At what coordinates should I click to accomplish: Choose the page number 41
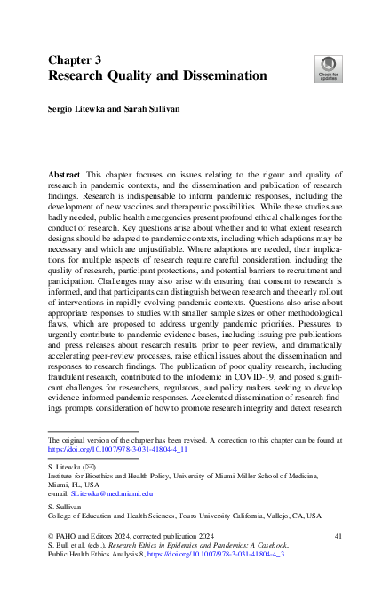pyautogui.click(x=337, y=538)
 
